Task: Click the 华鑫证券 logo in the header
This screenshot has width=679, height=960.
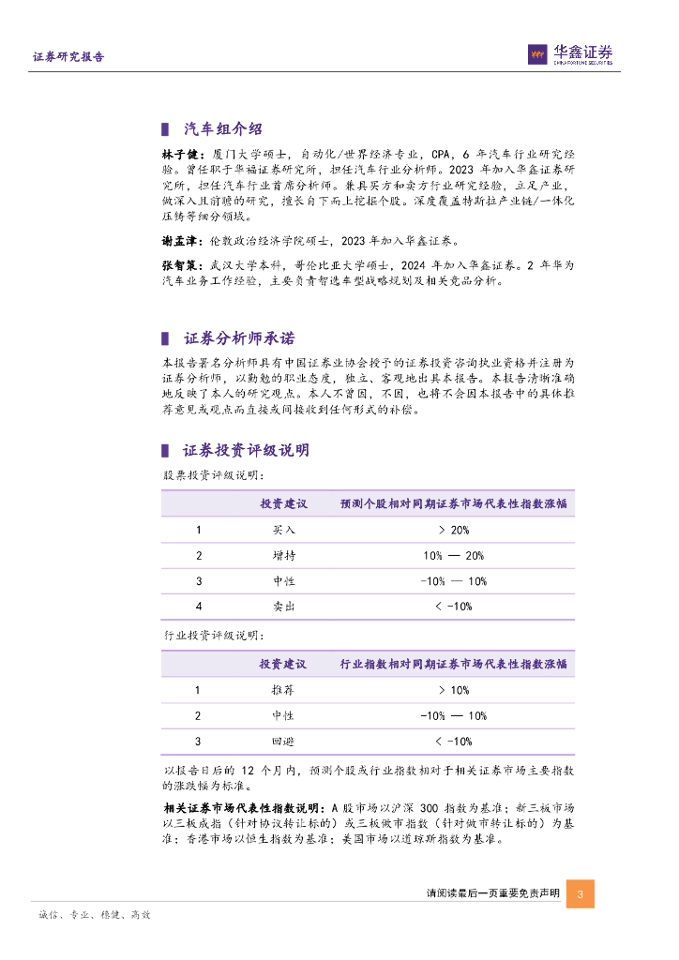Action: (569, 54)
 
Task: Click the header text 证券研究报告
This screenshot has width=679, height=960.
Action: (68, 56)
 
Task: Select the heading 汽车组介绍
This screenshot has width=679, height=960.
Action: (222, 129)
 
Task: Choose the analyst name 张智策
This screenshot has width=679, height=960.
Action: (179, 265)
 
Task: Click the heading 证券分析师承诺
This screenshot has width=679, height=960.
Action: (240, 338)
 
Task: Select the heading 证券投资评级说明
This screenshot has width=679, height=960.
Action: (247, 451)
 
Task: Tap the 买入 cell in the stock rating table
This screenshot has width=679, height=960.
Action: (283, 531)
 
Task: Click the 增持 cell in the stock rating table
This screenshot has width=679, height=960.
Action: (283, 556)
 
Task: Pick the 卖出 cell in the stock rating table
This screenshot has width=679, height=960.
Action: (283, 607)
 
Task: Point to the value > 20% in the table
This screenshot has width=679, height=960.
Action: (454, 531)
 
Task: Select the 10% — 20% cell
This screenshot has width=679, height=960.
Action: (454, 556)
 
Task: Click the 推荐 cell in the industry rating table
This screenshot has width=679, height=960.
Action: (283, 691)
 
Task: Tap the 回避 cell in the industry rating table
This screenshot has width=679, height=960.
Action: (283, 742)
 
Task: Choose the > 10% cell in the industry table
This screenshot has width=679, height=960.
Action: (454, 691)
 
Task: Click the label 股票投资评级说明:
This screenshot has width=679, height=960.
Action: (203, 475)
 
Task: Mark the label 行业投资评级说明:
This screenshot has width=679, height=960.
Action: (203, 636)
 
